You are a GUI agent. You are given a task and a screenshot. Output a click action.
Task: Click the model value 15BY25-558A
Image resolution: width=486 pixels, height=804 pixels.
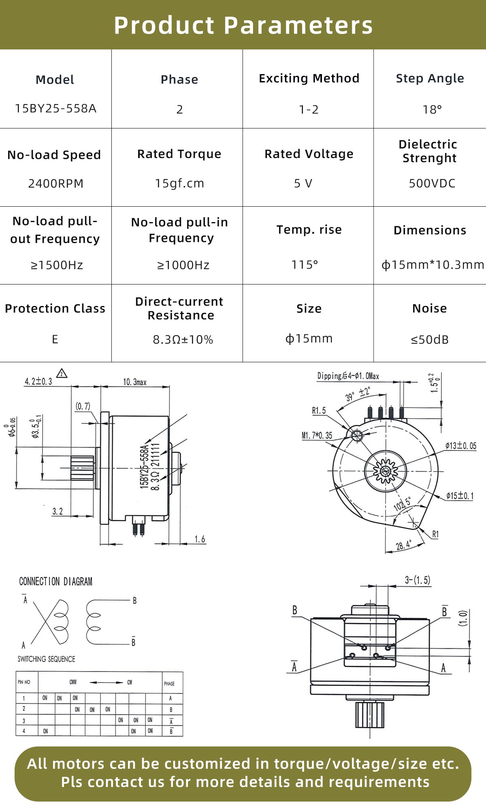pyautogui.click(x=55, y=109)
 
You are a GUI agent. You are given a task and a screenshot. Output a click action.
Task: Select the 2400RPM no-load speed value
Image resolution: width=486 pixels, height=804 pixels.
pyautogui.click(x=55, y=184)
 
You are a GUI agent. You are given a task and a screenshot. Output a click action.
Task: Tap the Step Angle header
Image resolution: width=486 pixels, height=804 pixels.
pyautogui.click(x=430, y=78)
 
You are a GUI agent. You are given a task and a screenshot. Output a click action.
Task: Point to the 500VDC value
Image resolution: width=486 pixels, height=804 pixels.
pyautogui.click(x=432, y=184)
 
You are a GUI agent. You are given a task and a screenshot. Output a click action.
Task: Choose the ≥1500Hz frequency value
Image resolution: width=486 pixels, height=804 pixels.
pyautogui.click(x=57, y=265)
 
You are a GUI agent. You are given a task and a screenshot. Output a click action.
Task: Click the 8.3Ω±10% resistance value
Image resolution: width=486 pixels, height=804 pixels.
pyautogui.click(x=183, y=340)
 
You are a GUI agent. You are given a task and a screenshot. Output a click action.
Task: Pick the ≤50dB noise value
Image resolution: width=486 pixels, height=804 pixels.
pyautogui.click(x=430, y=340)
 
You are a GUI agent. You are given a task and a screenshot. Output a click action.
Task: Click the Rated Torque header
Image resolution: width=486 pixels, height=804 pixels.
pyautogui.click(x=179, y=154)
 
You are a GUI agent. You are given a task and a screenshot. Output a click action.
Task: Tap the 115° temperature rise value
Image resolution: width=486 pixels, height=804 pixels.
pyautogui.click(x=305, y=265)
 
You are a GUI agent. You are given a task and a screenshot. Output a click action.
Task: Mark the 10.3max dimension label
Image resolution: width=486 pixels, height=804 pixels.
pyautogui.click(x=134, y=382)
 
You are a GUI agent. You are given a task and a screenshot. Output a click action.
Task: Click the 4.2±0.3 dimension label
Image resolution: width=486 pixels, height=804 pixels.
pyautogui.click(x=38, y=381)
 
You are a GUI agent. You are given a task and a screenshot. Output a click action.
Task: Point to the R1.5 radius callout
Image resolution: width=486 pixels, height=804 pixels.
pyautogui.click(x=319, y=411)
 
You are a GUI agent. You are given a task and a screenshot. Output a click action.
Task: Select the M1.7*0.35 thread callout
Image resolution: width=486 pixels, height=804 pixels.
pyautogui.click(x=317, y=436)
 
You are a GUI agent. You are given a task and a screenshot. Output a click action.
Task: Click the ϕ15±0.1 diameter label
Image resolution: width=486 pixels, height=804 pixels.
pyautogui.click(x=460, y=496)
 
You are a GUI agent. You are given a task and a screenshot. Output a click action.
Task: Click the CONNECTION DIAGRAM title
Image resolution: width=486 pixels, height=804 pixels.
pyautogui.click(x=55, y=582)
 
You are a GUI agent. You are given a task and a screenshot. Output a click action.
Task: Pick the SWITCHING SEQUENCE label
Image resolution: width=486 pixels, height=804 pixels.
pyautogui.click(x=46, y=659)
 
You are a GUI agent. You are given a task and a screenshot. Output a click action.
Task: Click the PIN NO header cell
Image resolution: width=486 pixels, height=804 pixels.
pyautogui.click(x=24, y=682)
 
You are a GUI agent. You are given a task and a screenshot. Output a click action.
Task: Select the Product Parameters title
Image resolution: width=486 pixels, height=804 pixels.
pyautogui.click(x=243, y=25)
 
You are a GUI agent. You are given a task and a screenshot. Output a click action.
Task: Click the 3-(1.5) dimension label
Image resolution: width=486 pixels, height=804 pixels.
pyautogui.click(x=417, y=580)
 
